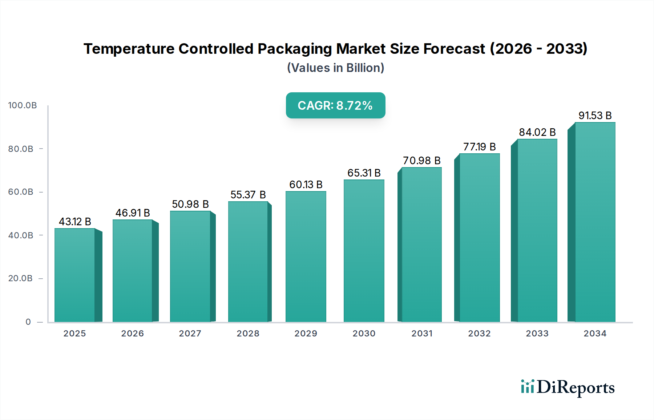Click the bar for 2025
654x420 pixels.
tap(75, 275)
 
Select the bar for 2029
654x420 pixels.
tap(306, 257)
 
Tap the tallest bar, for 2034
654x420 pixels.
tap(595, 222)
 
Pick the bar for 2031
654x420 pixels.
tap(421, 245)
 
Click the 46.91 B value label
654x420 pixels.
tap(133, 213)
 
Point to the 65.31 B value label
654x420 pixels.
tap(364, 173)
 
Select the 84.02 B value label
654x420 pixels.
tap(537, 132)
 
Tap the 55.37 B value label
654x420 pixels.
tap(248, 195)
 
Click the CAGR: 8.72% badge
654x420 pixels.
tap(335, 105)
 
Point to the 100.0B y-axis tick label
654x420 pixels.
tap(23, 105)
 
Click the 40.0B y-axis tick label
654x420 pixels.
tap(21, 235)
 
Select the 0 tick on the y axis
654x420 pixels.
tap(28, 322)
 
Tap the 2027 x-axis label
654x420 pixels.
tap(190, 334)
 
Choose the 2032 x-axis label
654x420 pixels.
tap(479, 334)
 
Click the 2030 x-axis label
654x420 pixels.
tap(364, 334)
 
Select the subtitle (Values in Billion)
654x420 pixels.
tap(335, 68)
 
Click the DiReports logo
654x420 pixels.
tap(568, 387)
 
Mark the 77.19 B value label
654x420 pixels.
tap(479, 147)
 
